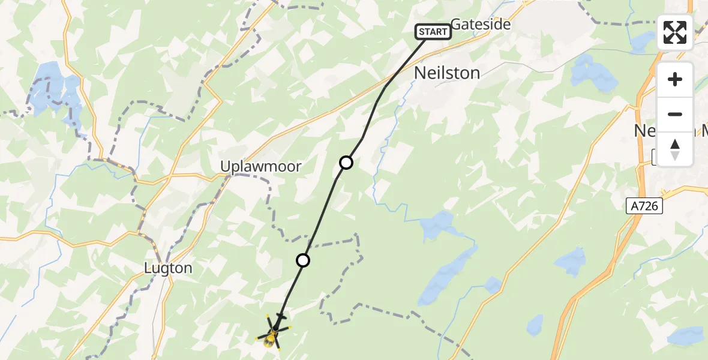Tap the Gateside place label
click(480, 25)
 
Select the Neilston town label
click(447, 73)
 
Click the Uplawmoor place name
click(260, 167)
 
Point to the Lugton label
click(168, 268)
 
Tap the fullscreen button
click(675, 32)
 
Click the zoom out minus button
click(675, 114)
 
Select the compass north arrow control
click(675, 149)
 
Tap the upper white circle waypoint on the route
click(346, 163)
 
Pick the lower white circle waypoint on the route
click(303, 260)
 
